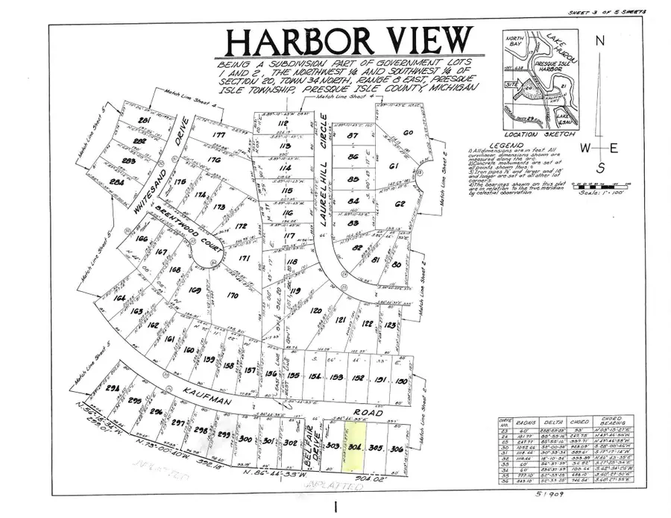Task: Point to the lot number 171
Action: coord(243,259)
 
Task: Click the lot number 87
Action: coord(353,136)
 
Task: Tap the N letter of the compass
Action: coord(599,42)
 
